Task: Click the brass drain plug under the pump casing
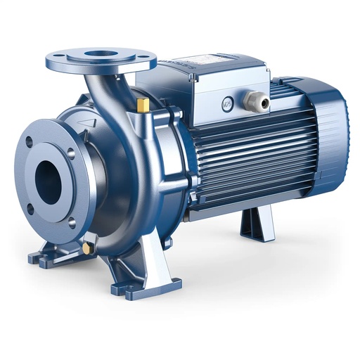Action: pos(86,248)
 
